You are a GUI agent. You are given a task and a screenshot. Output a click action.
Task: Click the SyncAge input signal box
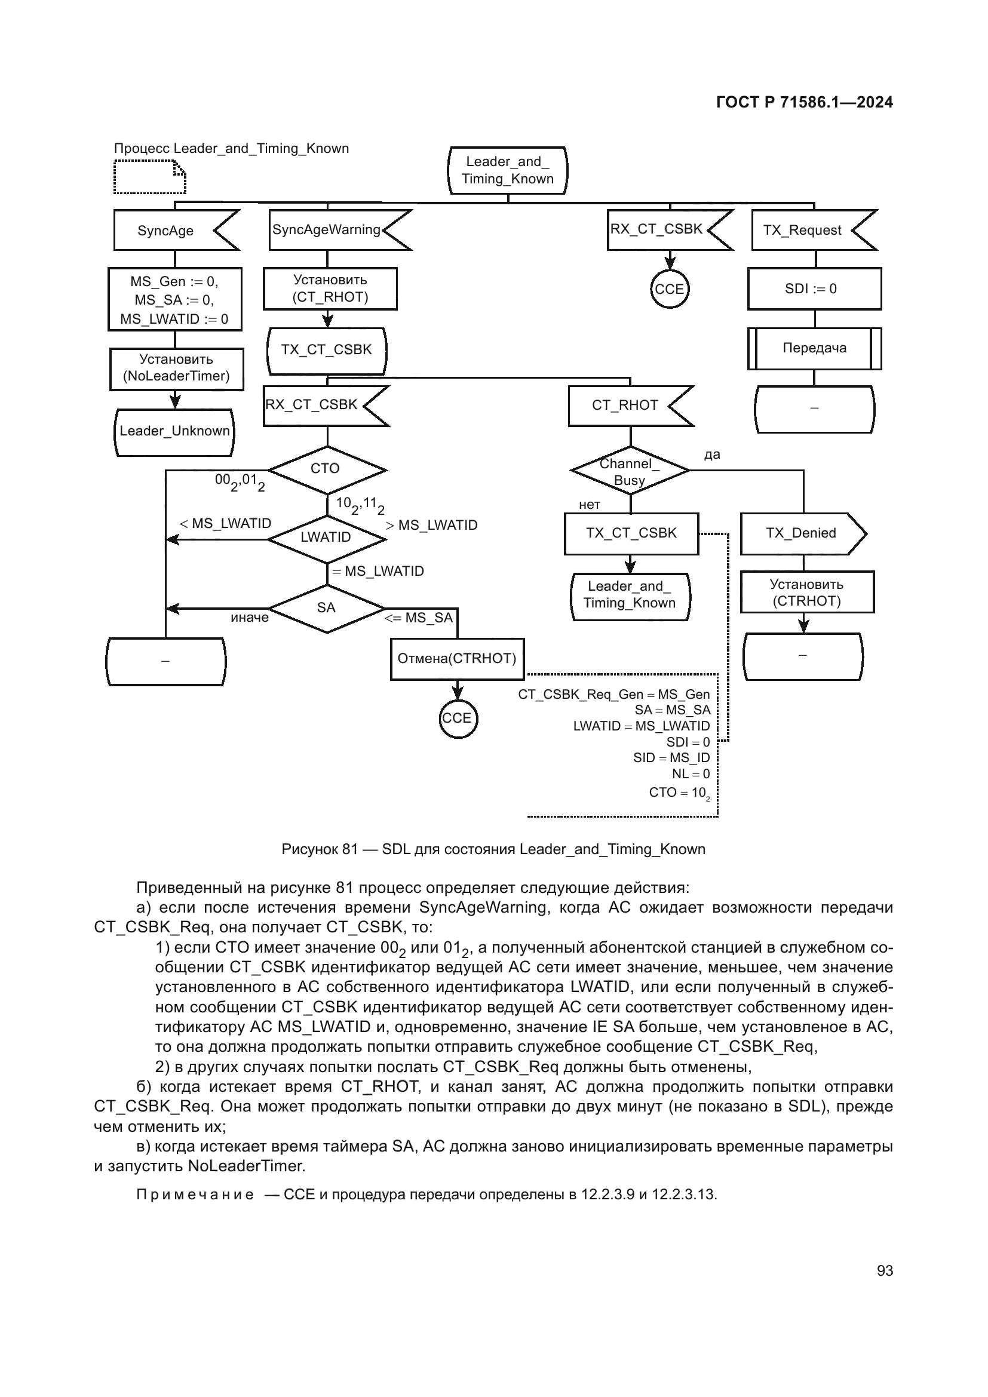(170, 231)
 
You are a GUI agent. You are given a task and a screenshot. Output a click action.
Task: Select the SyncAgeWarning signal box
(332, 230)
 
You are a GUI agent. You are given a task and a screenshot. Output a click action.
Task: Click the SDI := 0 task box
(814, 289)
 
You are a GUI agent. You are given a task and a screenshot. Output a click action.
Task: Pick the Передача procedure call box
(814, 349)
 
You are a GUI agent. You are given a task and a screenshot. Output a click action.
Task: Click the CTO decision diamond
(327, 469)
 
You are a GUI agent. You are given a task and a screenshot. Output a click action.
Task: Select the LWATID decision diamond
(327, 538)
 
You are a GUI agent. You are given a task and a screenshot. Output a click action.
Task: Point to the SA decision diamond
(327, 608)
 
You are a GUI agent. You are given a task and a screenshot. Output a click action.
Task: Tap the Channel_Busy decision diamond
(630, 471)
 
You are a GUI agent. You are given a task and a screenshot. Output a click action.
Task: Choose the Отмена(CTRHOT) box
(457, 659)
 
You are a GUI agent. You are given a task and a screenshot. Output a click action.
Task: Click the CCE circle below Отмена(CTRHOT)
(458, 719)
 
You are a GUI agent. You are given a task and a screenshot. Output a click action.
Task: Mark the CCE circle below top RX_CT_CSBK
(669, 290)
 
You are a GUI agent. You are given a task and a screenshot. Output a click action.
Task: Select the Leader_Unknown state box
(174, 432)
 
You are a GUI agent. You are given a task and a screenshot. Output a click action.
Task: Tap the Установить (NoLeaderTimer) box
(176, 368)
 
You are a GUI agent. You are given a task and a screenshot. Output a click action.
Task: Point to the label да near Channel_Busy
(712, 455)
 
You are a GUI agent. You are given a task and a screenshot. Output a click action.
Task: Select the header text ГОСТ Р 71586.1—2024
(804, 102)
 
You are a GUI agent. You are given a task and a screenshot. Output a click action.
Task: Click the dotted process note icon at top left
(149, 176)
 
